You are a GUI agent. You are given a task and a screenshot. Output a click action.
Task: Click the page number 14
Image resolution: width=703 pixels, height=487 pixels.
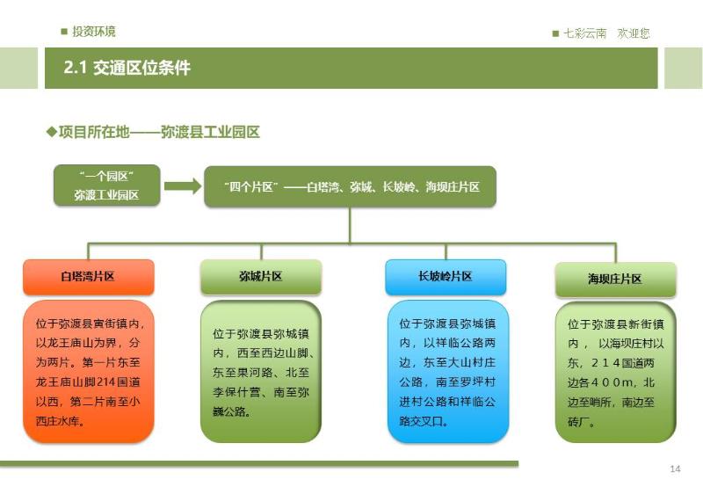tap(675, 469)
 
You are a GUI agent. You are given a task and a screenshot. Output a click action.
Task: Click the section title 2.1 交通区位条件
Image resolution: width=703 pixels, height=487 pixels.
tap(127, 68)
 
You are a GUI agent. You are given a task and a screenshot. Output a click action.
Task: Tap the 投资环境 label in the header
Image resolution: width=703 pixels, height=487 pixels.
tap(94, 32)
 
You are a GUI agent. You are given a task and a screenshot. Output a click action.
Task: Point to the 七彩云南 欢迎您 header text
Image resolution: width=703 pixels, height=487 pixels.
tap(606, 33)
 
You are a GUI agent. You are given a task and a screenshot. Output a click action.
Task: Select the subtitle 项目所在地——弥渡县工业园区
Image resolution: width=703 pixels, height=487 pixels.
tap(159, 132)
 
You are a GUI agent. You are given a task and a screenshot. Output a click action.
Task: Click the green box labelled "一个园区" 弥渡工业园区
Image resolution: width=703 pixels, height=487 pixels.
tap(106, 185)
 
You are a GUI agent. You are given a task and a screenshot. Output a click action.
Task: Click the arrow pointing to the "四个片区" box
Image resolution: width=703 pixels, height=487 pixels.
tap(183, 185)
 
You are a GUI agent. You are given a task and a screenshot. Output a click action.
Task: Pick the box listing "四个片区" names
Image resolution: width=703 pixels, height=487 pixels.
tap(350, 186)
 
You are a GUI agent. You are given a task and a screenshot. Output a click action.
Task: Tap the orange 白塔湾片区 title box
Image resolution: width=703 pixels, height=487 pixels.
tap(89, 277)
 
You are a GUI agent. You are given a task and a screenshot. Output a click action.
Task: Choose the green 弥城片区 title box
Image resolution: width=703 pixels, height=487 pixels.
tap(261, 277)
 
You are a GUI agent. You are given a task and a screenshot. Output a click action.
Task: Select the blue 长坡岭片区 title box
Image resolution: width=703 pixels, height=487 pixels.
tap(446, 277)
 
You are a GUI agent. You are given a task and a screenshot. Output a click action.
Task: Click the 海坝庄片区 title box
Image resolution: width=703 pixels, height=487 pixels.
tap(616, 280)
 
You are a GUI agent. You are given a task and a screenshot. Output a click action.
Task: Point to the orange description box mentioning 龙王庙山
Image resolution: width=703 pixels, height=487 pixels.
tap(89, 371)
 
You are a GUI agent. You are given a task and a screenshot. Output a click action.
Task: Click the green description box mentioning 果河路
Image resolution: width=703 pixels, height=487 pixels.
tap(261, 371)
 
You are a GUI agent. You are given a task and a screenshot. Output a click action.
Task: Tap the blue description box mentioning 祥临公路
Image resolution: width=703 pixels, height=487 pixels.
tap(448, 371)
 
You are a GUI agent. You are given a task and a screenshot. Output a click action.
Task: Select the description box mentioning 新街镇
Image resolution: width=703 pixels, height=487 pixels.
tap(616, 372)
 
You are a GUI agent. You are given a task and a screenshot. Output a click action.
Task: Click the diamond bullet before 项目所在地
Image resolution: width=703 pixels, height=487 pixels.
tap(52, 132)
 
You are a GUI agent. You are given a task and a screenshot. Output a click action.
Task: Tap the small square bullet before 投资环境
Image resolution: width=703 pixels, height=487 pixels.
tap(64, 32)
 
